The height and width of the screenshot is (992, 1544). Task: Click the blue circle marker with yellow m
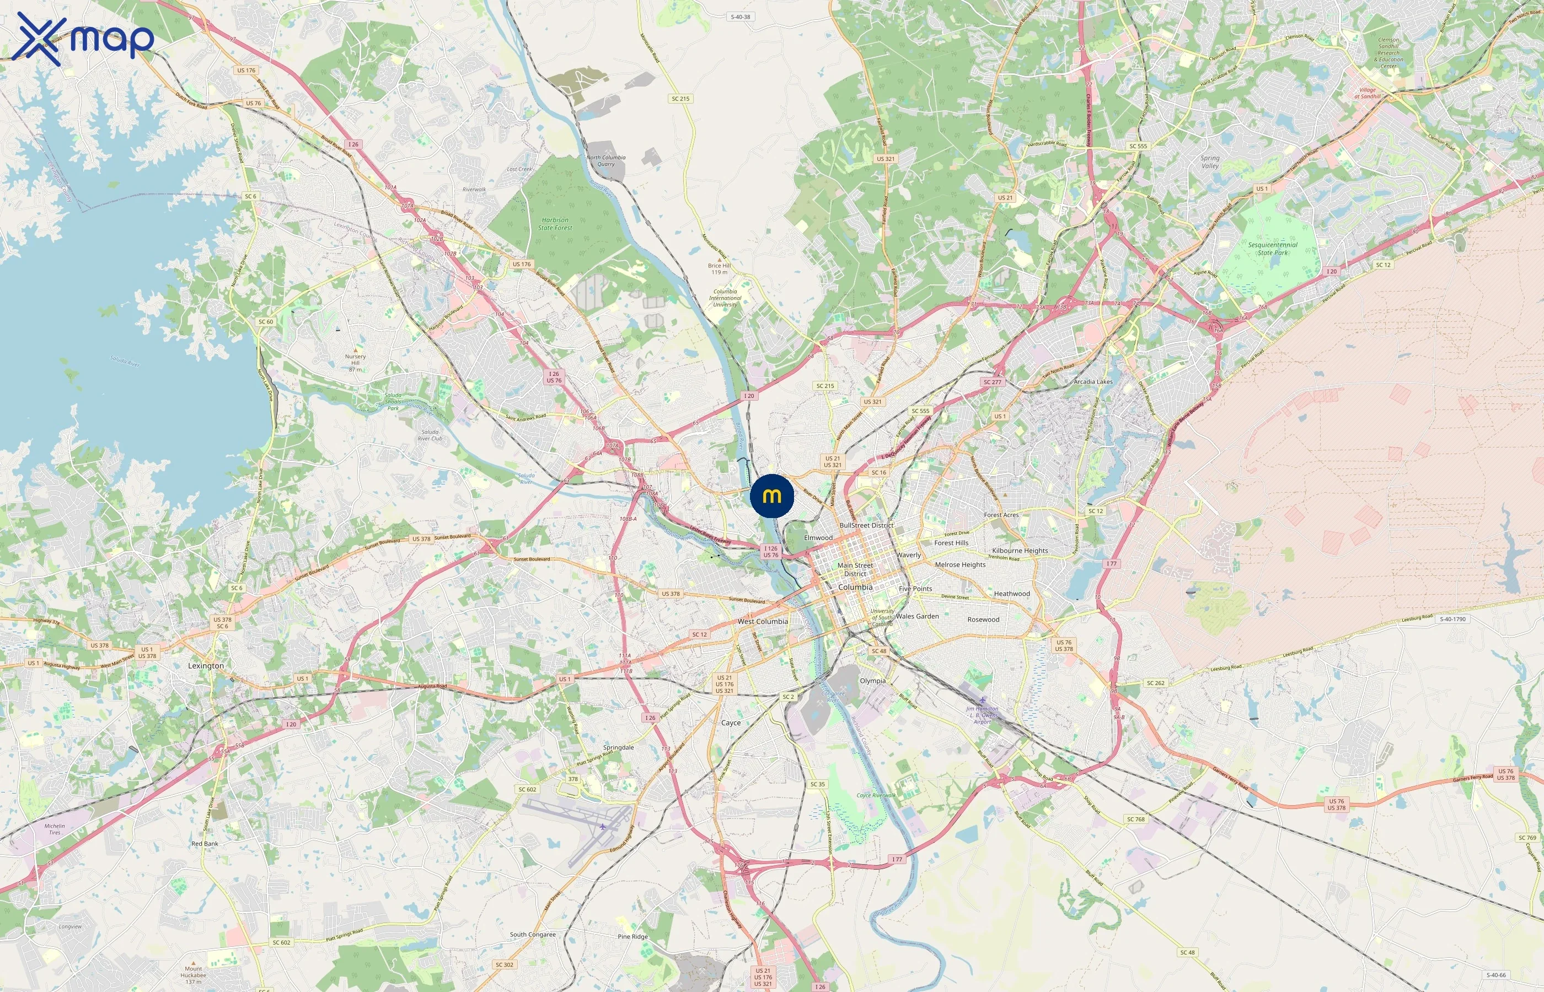click(771, 496)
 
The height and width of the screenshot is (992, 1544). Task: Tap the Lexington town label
click(206, 665)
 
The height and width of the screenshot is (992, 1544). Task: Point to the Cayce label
click(730, 723)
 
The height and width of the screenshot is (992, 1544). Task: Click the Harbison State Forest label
click(554, 224)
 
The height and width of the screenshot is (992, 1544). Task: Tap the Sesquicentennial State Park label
click(1272, 249)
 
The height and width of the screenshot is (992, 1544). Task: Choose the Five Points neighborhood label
click(915, 588)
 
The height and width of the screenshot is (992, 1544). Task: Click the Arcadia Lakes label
click(1093, 381)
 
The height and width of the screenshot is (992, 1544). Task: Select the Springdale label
click(618, 747)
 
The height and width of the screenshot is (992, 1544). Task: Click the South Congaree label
click(532, 934)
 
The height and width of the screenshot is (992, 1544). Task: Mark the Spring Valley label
click(1209, 161)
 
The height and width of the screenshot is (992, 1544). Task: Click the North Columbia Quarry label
click(605, 160)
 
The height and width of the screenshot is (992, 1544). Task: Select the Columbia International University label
click(725, 298)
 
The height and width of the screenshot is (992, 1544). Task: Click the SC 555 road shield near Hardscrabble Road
click(1138, 146)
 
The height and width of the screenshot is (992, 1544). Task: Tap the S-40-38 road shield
click(741, 17)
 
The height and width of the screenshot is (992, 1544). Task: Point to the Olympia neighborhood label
click(872, 680)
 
